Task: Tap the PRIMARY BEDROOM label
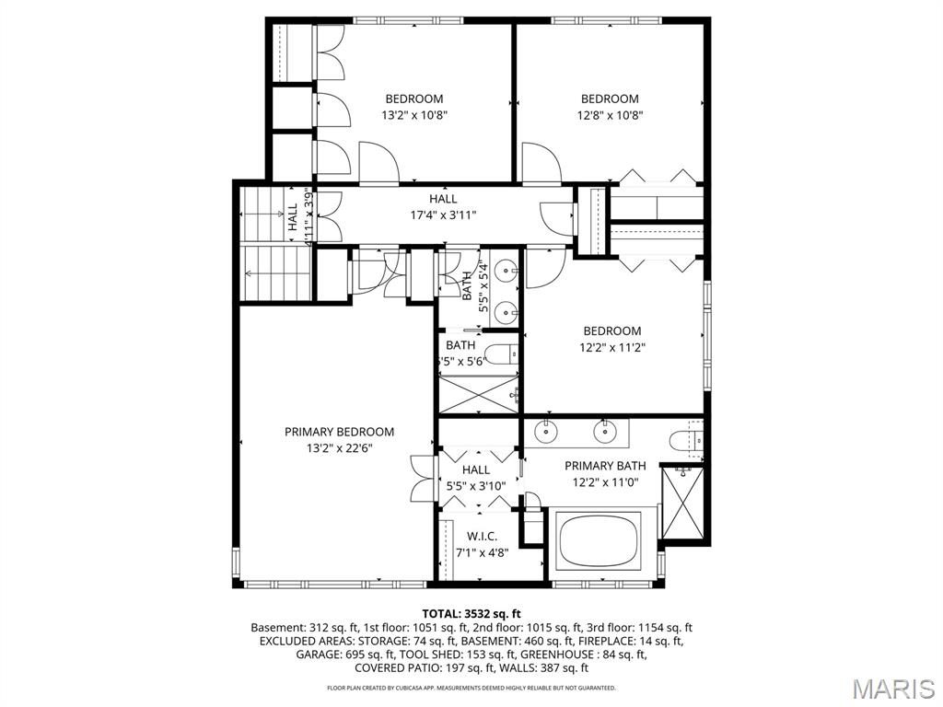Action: (x=339, y=432)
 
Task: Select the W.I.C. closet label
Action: (x=482, y=537)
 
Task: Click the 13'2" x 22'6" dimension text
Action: (x=339, y=448)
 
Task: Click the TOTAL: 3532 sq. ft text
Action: (x=471, y=613)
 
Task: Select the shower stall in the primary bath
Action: (x=681, y=504)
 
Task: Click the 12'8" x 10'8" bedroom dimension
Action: (x=610, y=116)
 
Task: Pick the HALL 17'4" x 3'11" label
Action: (x=443, y=207)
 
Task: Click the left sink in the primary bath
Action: (x=547, y=430)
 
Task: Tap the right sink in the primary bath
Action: (x=604, y=430)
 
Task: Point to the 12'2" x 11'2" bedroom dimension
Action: (x=611, y=348)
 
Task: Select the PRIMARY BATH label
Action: (x=605, y=466)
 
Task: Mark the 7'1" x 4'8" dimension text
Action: (x=482, y=553)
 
